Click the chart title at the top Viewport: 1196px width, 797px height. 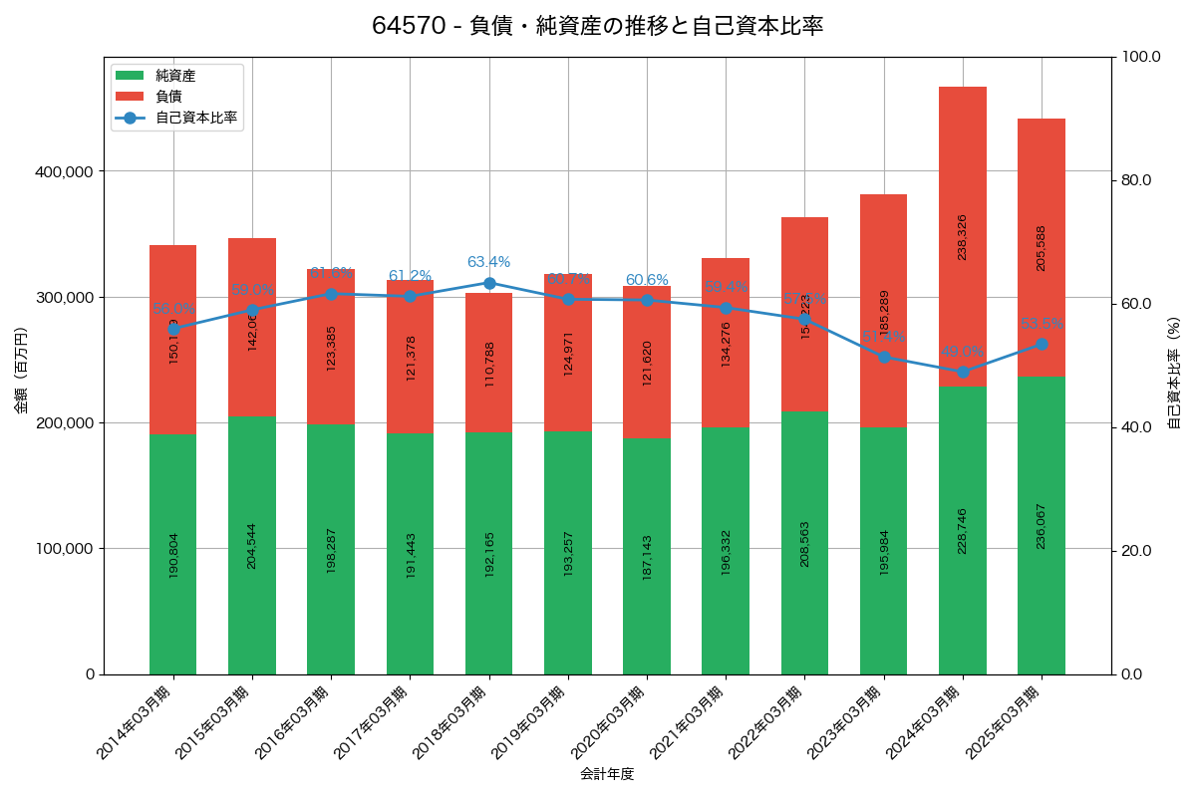click(597, 26)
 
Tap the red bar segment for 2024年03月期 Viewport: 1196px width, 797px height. click(963, 236)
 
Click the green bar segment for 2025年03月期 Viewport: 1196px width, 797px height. click(1042, 525)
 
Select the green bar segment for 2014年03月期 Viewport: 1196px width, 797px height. click(173, 554)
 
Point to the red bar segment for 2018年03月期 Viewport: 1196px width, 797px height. click(489, 363)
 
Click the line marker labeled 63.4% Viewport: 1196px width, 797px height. click(489, 283)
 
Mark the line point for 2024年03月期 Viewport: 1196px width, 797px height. click(963, 372)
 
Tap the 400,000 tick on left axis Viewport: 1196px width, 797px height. click(64, 171)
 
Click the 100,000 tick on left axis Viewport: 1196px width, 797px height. click(64, 549)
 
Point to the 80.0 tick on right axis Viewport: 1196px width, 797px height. click(1135, 180)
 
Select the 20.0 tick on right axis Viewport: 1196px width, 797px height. click(1135, 551)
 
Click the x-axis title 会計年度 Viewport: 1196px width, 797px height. click(607, 774)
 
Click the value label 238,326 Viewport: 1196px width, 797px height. click(963, 237)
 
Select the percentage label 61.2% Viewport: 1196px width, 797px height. click(410, 276)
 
